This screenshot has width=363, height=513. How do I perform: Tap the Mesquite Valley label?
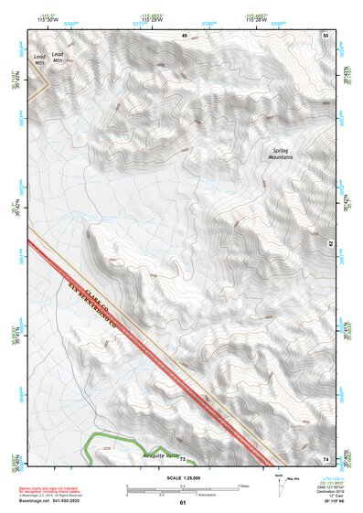pyautogui.click(x=161, y=454)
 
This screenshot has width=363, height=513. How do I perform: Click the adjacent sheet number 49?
pyautogui.click(x=183, y=35)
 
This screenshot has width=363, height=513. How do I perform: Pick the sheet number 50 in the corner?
pyautogui.click(x=325, y=35)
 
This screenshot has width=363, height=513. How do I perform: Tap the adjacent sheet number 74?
pyautogui.click(x=325, y=457)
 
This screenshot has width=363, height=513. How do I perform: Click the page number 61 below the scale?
pyautogui.click(x=183, y=502)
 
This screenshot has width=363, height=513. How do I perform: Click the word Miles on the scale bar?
pyautogui.click(x=242, y=485)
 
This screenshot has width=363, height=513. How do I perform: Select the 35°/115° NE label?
pyautogui.click(x=336, y=502)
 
